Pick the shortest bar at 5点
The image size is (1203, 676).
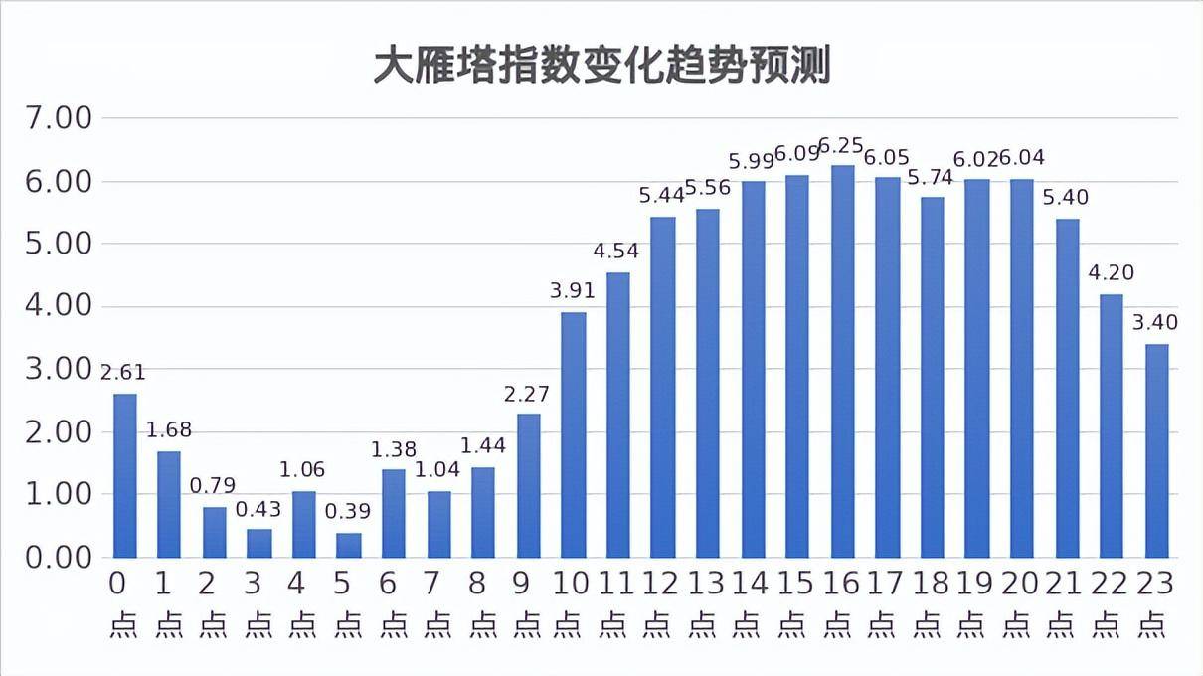pos(349,545)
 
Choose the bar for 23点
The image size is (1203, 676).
pos(1156,450)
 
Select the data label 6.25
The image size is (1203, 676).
pos(842,146)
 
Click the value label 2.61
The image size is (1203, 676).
pos(123,373)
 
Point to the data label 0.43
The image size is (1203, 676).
pos(258,509)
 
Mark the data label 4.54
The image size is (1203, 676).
pos(616,251)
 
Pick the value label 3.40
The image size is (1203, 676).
pos(1154,322)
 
